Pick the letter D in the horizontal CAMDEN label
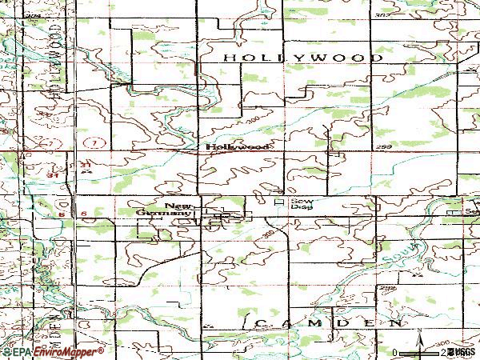(x=338, y=322)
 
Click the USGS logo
(x=462, y=352)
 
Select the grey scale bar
(x=420, y=352)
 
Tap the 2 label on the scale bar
(x=442, y=352)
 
